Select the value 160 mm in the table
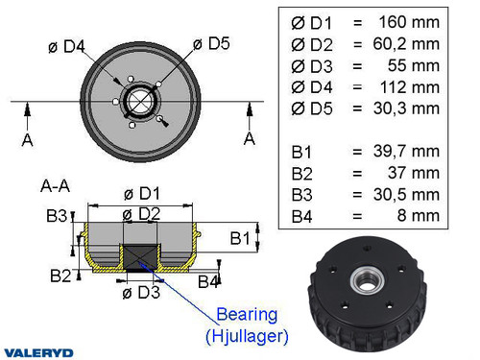pos(408,22)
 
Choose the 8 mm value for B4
pos(416,216)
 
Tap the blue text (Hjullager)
pos(246,335)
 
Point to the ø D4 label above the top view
pos(67,46)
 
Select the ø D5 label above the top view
pos(211,43)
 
